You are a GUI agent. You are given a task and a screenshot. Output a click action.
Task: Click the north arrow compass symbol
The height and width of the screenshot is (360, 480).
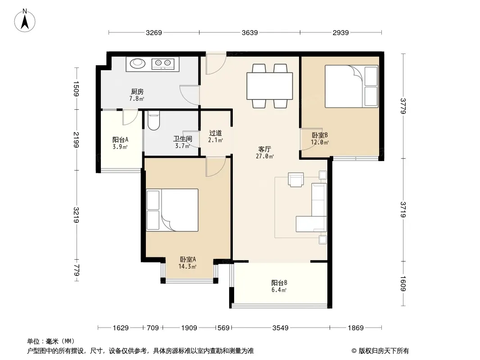(x=25, y=20)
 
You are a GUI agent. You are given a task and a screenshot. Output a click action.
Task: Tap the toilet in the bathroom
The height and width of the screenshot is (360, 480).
(x=154, y=120)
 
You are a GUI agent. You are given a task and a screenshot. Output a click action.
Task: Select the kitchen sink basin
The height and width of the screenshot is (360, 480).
(x=137, y=63)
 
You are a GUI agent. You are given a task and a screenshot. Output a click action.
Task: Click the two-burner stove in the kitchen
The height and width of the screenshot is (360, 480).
(x=163, y=63)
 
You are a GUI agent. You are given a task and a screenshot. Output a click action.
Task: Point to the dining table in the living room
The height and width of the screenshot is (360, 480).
(x=270, y=86)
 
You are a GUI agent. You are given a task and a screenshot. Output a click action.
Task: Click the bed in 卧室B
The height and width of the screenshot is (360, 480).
(x=351, y=86)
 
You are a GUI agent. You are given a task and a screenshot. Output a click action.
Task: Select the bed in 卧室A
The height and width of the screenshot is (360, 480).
(x=172, y=210)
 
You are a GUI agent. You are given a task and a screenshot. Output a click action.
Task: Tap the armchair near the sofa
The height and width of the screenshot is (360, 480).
(x=296, y=180)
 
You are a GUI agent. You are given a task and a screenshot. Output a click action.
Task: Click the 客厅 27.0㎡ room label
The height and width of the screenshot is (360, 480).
(x=265, y=153)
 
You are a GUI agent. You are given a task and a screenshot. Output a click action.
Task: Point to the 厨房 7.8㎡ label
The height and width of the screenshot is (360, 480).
(x=137, y=95)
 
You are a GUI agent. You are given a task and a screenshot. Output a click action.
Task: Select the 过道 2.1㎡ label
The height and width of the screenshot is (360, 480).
(x=216, y=136)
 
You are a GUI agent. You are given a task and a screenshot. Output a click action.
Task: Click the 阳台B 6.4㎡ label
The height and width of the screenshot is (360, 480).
(x=279, y=286)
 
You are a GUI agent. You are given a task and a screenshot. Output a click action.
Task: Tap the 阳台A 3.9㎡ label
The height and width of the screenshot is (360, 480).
(x=120, y=143)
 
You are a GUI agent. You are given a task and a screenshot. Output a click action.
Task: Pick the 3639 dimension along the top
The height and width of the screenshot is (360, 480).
(x=250, y=32)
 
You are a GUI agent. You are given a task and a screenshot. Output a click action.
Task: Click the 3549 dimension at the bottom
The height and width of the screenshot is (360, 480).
(x=281, y=328)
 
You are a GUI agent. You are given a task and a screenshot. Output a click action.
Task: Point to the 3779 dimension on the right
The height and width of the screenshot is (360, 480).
(x=403, y=106)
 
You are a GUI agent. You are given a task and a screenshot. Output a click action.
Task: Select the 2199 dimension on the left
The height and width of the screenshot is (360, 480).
(x=76, y=139)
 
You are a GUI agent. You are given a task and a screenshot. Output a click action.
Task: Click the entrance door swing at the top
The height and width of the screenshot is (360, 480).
(x=216, y=63)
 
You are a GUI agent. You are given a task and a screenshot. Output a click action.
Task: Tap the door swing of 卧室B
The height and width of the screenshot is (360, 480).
(x=308, y=139)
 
